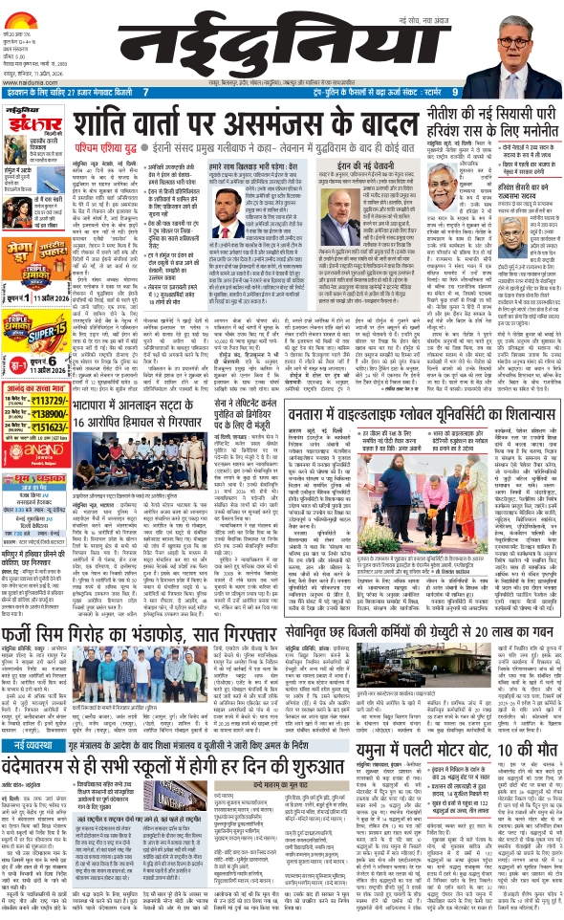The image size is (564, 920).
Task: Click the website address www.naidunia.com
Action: point(29,83)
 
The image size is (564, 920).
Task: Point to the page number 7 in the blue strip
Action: point(144,92)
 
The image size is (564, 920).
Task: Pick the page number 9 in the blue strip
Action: point(454,92)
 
